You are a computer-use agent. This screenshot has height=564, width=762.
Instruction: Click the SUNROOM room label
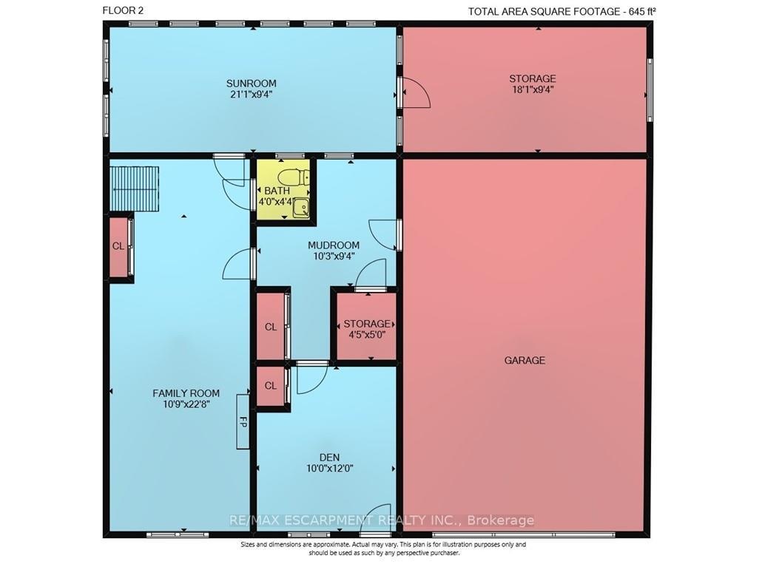coord(252,84)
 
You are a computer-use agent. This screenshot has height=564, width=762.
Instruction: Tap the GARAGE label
coord(525,360)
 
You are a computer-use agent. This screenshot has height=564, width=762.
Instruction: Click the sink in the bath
coord(302,208)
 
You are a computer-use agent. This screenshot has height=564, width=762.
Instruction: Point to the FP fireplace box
coord(243,422)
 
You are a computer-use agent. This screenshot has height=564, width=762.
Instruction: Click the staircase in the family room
coord(134,188)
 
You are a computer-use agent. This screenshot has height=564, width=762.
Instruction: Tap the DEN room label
coord(329,458)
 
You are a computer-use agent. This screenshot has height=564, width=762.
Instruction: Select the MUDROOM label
coord(334,245)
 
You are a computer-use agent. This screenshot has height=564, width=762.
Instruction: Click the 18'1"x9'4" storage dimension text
coord(533,89)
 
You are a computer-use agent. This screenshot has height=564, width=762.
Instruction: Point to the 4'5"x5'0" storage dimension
coord(367,334)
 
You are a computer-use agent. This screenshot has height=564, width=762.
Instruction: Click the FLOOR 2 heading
coord(123,10)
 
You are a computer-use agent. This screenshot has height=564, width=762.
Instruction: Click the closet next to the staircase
coord(118,247)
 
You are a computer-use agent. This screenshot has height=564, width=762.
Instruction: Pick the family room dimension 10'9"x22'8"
coord(186,404)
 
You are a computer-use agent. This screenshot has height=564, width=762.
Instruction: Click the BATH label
coord(277,191)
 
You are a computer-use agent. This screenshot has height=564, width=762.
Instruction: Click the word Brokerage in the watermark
coord(501,520)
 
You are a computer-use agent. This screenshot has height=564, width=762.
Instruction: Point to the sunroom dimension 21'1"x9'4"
coord(252,94)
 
